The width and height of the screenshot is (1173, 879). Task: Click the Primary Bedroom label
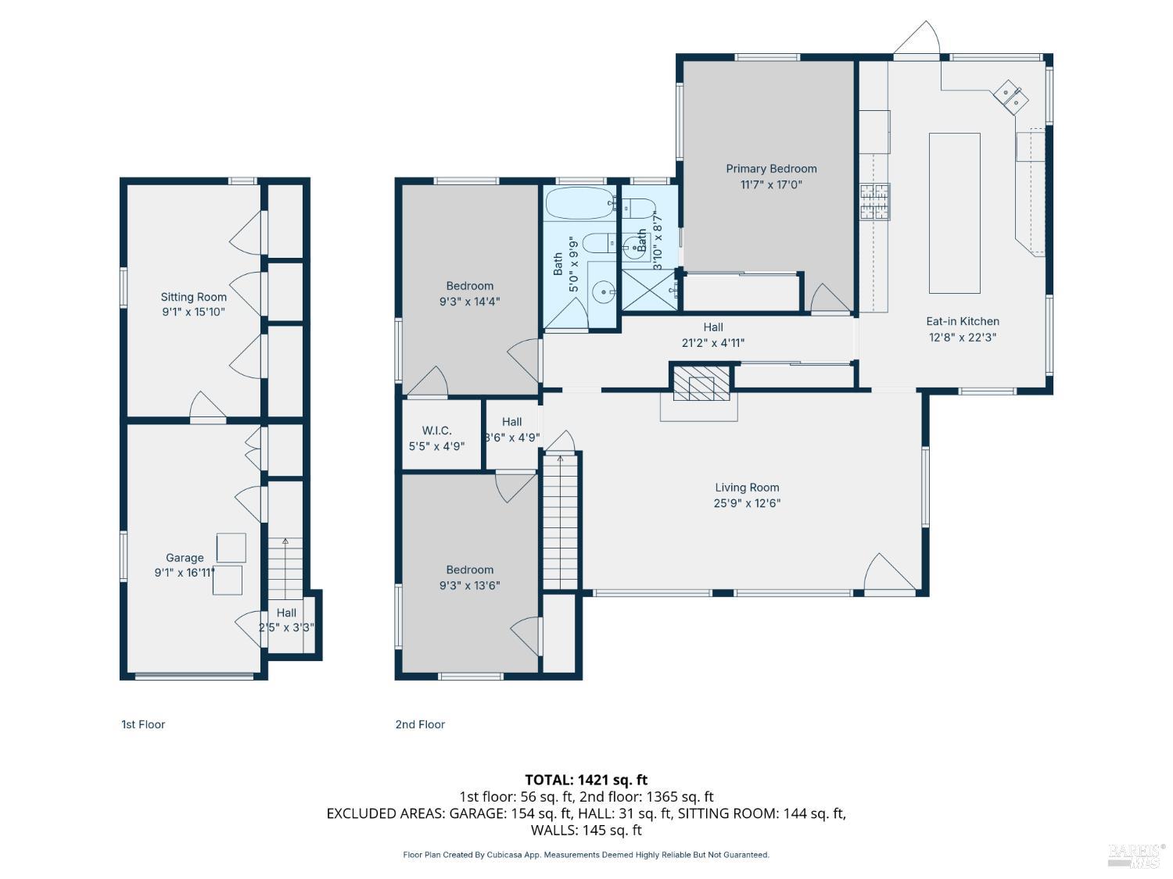point(771,169)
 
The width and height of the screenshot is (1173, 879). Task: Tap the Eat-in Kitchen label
point(962,321)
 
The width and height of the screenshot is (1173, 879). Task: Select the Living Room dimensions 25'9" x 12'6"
point(747,503)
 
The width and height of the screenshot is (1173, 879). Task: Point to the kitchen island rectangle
point(954,213)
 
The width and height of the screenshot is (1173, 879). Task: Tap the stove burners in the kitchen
point(875,201)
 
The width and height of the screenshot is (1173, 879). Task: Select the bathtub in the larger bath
point(578,203)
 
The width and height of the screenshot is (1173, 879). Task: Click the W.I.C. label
point(436,431)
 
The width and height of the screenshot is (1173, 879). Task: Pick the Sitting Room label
point(193,297)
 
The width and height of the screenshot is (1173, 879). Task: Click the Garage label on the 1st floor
point(185,558)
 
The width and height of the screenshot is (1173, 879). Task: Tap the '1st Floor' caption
point(143,724)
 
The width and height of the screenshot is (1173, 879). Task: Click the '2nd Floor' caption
point(420,724)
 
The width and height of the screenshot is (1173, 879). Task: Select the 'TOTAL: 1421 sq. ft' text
point(586,780)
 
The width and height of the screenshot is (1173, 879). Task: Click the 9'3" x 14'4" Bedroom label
point(470,286)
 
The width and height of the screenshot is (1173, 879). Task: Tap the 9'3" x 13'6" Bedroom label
point(470,570)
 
